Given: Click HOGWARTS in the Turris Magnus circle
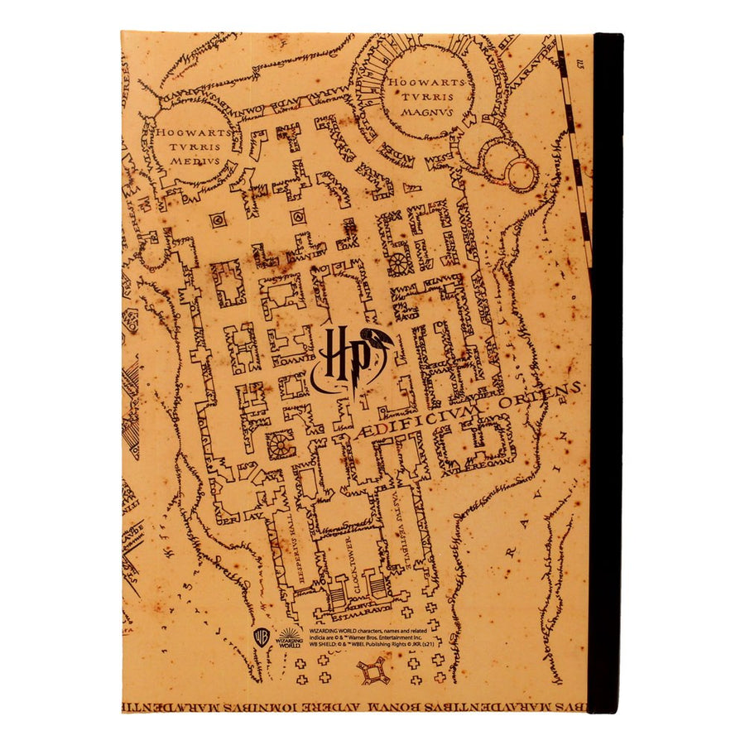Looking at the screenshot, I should (427, 82).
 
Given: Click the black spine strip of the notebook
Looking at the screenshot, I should (606, 372).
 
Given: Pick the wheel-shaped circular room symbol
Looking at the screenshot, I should (399, 262).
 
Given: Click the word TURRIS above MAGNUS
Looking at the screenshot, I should (428, 97).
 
